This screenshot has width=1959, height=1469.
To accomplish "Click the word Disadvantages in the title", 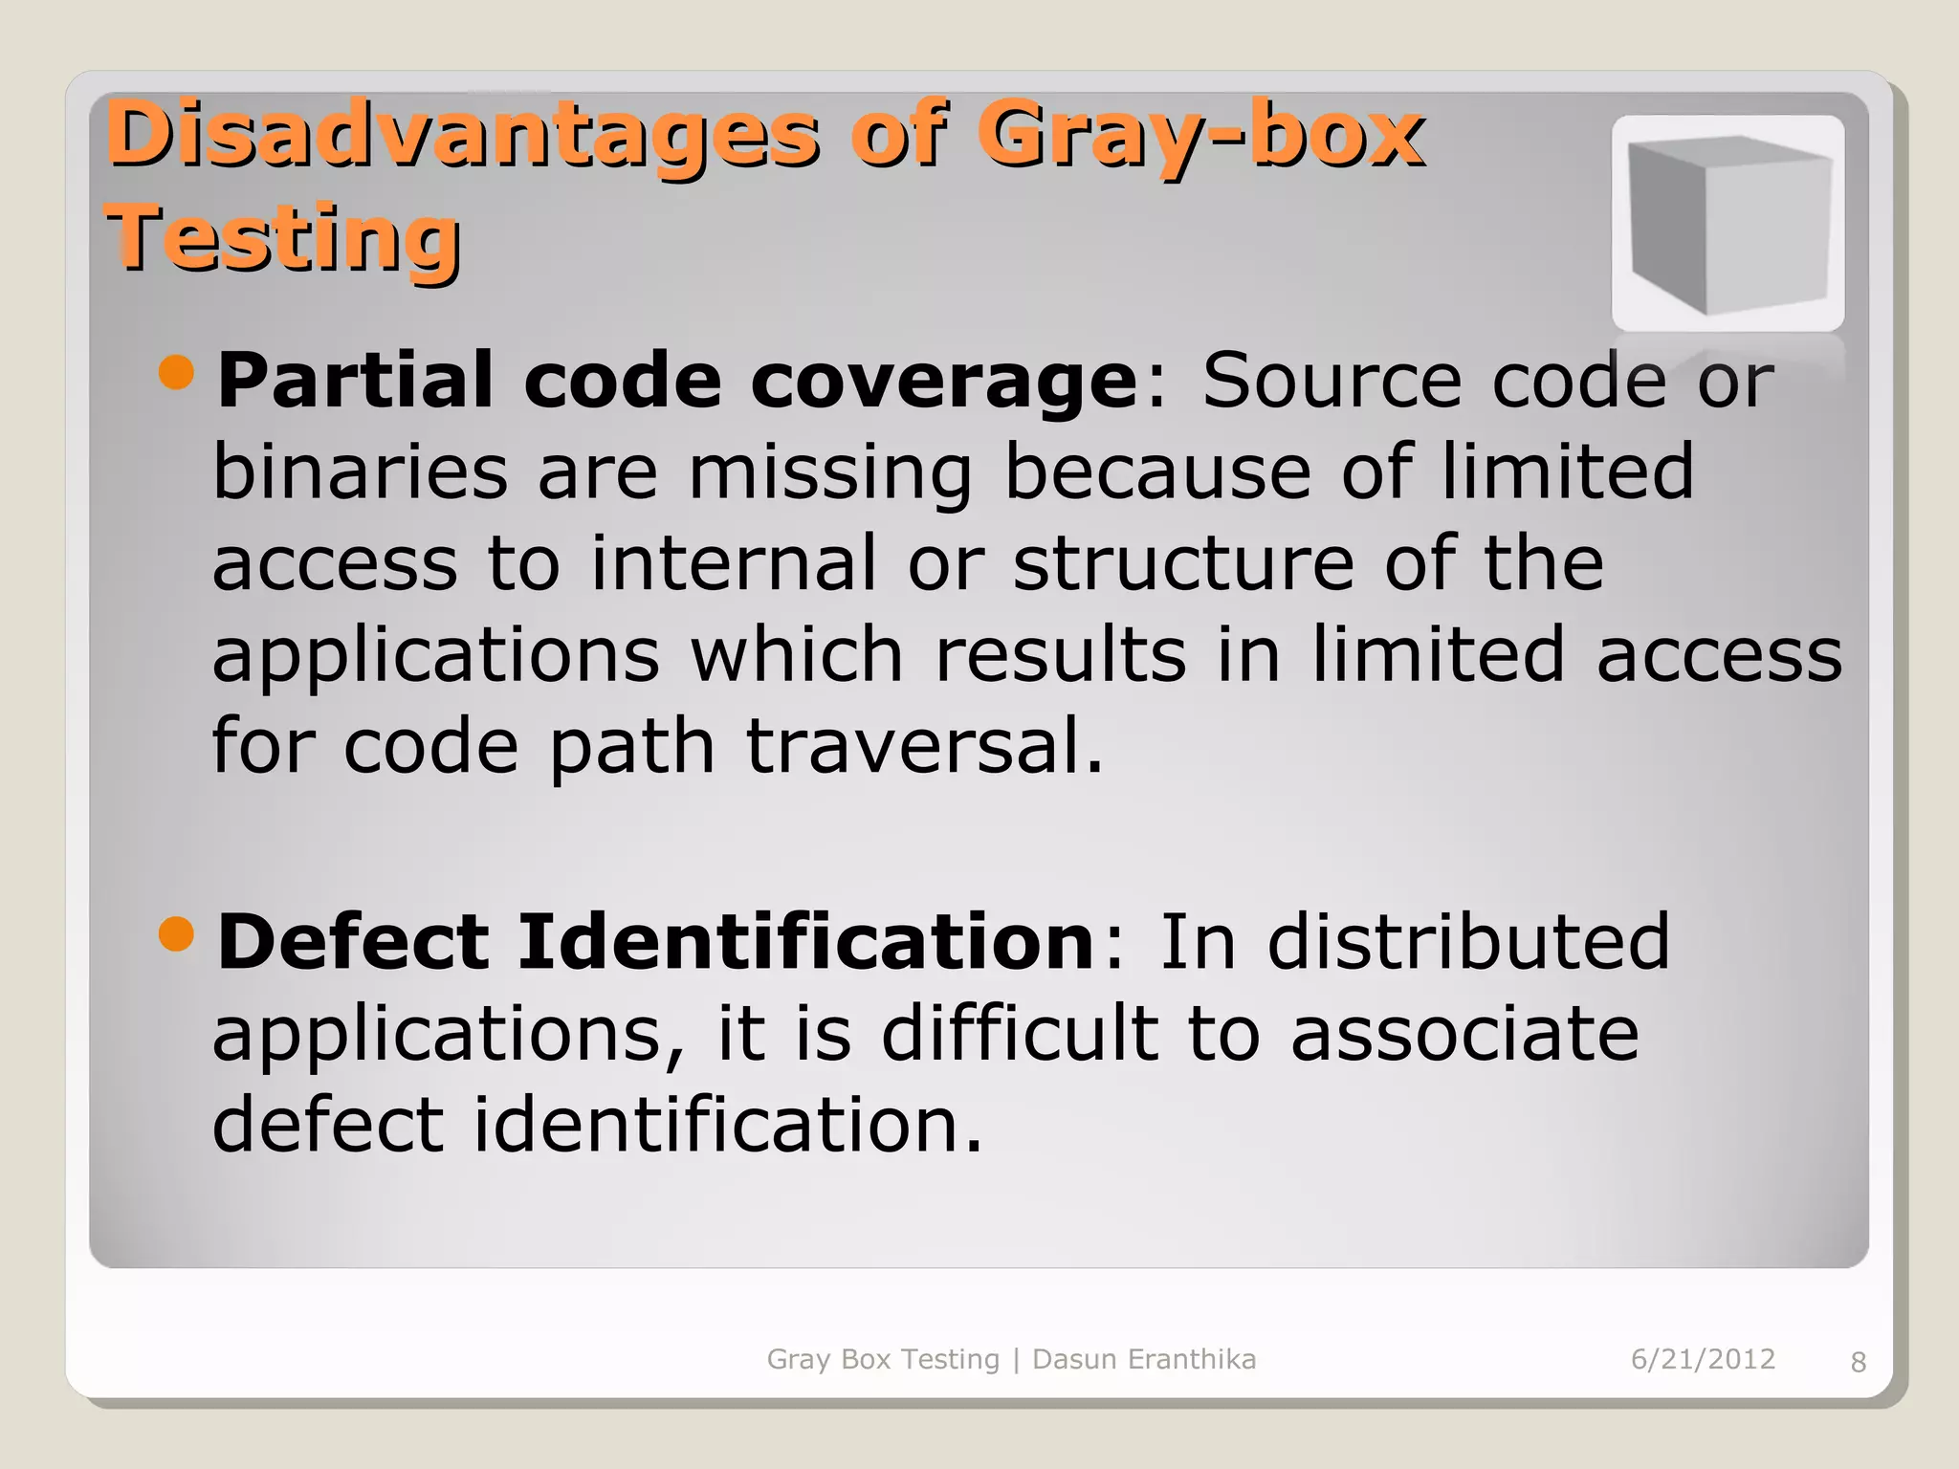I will tap(462, 136).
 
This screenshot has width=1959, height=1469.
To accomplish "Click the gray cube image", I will tap(1728, 224).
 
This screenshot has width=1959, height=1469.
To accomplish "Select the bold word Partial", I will tap(355, 381).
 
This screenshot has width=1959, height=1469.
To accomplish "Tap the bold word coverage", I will tap(944, 381).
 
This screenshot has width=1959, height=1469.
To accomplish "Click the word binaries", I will tap(360, 471).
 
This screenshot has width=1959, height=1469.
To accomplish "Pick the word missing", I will tap(829, 473).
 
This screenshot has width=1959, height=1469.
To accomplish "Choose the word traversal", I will tap(924, 746).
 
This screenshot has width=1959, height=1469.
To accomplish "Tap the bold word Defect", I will tap(353, 942).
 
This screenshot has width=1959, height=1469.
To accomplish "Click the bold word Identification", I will tap(805, 942).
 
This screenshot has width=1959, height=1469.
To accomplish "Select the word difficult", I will tap(1020, 1034).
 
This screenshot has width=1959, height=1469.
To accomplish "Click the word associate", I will tap(1464, 1034).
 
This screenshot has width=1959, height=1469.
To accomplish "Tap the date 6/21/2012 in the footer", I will tap(1703, 1359).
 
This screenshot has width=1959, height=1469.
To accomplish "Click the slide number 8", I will tap(1859, 1362).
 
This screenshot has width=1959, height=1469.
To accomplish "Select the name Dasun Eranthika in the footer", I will tap(1144, 1359).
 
